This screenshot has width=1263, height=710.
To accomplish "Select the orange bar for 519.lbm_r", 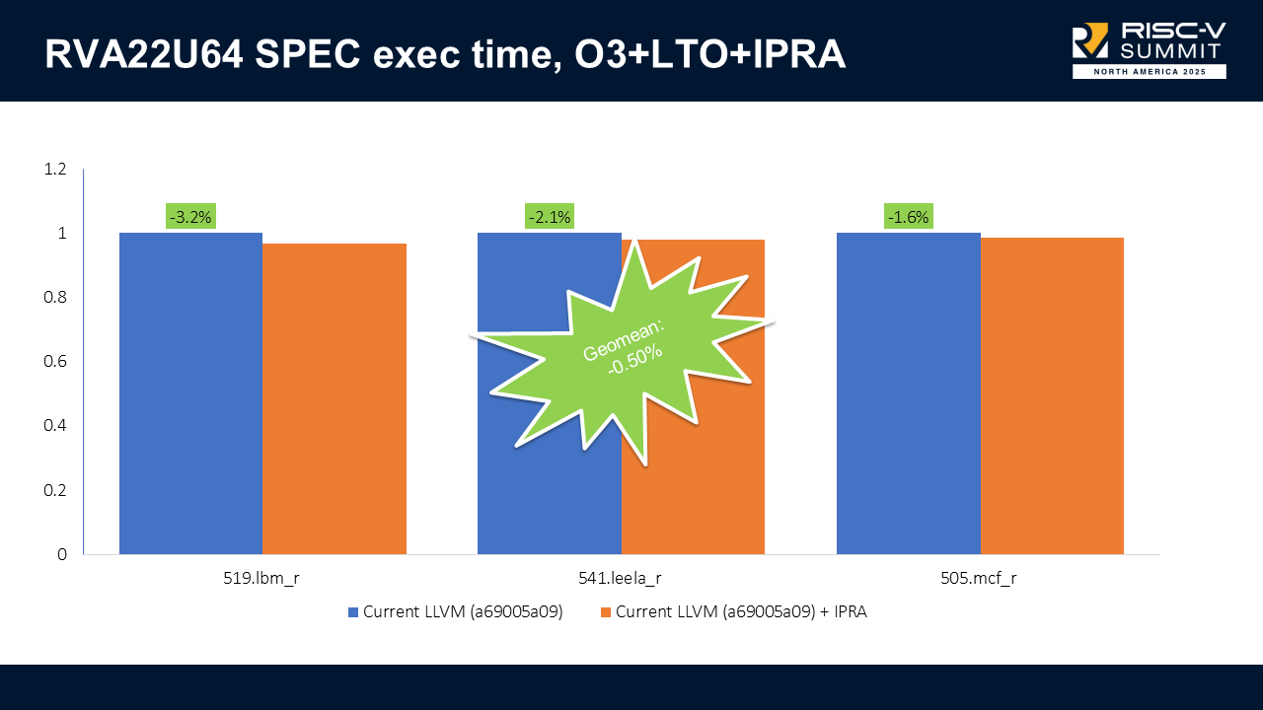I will click(334, 398).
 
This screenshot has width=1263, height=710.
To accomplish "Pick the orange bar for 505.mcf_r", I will click(1052, 395).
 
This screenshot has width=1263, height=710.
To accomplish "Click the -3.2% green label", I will click(190, 217).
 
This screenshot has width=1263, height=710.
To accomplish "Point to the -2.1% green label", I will click(549, 217).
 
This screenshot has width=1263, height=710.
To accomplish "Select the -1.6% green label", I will click(908, 217).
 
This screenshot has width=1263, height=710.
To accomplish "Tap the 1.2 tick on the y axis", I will click(55, 170).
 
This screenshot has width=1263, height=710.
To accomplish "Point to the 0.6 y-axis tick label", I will click(55, 362).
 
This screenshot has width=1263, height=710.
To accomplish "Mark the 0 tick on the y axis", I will click(62, 554).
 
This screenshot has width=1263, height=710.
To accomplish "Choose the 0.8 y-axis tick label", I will click(55, 298).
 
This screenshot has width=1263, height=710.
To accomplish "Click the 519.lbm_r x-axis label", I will click(262, 579).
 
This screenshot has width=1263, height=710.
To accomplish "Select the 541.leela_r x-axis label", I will click(621, 579).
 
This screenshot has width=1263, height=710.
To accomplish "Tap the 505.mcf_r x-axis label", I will click(979, 579).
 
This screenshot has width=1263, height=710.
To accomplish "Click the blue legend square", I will click(353, 612).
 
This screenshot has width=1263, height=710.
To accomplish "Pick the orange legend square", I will click(605, 612).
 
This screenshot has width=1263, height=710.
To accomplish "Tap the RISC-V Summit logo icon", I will click(1091, 41).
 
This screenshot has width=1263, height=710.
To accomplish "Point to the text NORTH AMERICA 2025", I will click(1150, 72).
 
